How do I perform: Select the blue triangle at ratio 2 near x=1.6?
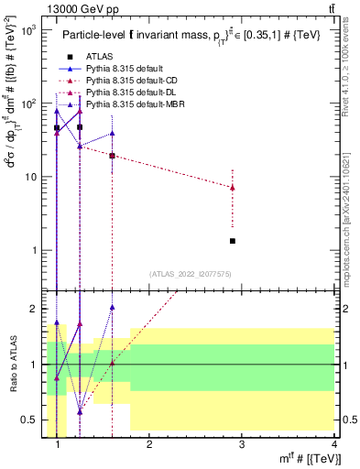(112, 308)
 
